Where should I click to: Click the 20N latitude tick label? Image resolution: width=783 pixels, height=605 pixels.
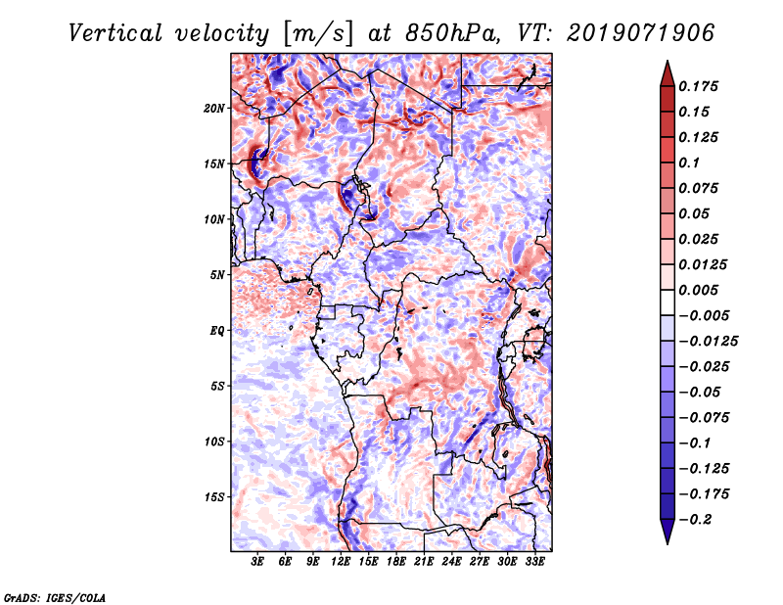tap(214, 108)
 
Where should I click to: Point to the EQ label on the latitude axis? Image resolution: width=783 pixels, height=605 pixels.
tap(218, 331)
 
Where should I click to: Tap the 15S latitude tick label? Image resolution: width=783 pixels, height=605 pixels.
tap(214, 497)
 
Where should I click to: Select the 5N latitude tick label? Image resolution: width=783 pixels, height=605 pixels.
tap(217, 275)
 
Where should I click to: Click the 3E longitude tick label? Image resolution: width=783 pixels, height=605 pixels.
tap(257, 562)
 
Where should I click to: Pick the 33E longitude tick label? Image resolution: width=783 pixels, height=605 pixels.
tap(534, 562)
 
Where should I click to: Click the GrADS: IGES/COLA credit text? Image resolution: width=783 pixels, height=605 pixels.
tap(54, 596)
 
